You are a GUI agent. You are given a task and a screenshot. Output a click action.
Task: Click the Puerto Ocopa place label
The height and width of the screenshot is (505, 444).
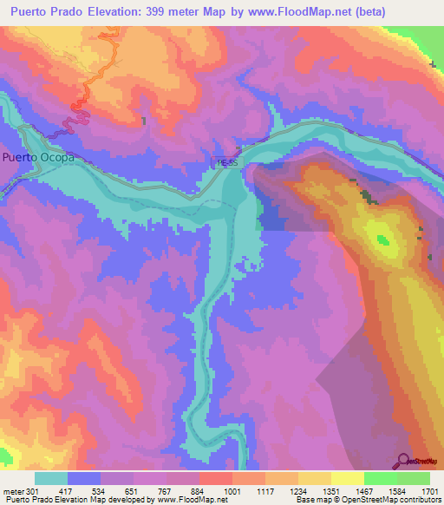tap(37, 158)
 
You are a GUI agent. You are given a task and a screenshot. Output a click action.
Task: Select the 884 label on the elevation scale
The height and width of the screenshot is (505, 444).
tap(199, 491)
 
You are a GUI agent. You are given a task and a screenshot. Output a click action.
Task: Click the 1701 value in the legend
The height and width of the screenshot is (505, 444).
tap(428, 491)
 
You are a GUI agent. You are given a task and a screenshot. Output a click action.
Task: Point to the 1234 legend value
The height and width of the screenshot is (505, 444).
tap(297, 491)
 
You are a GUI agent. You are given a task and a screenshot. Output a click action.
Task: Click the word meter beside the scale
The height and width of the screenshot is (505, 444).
tap(11, 491)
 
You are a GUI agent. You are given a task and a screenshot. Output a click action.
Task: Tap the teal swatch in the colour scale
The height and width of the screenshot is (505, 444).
tap(50, 478)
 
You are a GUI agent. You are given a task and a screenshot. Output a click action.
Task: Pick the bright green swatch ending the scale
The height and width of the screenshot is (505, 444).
tap(414, 478)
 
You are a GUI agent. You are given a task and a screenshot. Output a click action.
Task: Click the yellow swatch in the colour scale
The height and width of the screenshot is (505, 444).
tap(348, 478)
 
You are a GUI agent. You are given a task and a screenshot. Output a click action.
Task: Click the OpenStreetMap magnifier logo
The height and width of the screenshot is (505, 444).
tap(403, 460)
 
